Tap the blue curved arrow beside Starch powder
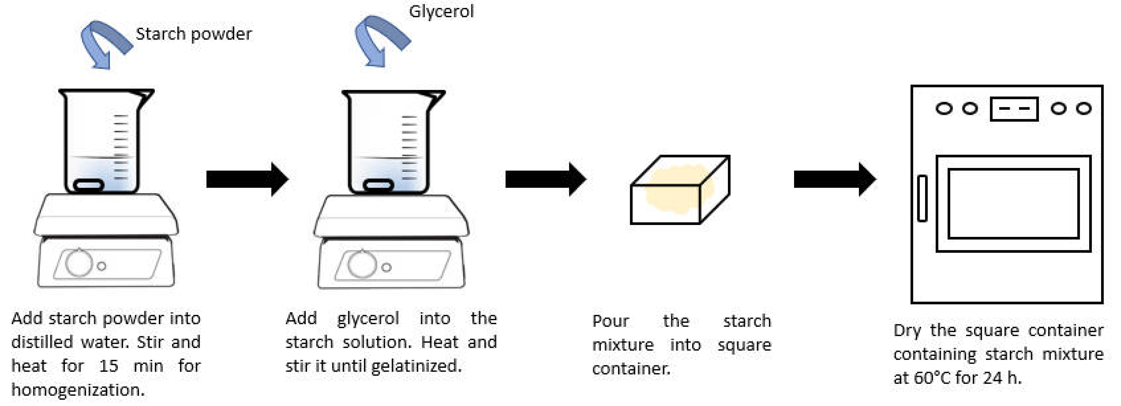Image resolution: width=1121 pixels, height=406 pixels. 104,43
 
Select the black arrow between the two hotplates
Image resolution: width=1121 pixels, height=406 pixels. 247,179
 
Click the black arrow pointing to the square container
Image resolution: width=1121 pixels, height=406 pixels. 545,179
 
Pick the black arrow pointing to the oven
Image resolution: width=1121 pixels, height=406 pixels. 834,179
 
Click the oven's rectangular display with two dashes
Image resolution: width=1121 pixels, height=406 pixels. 1014,109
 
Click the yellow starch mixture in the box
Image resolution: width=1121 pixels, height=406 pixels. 672,191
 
